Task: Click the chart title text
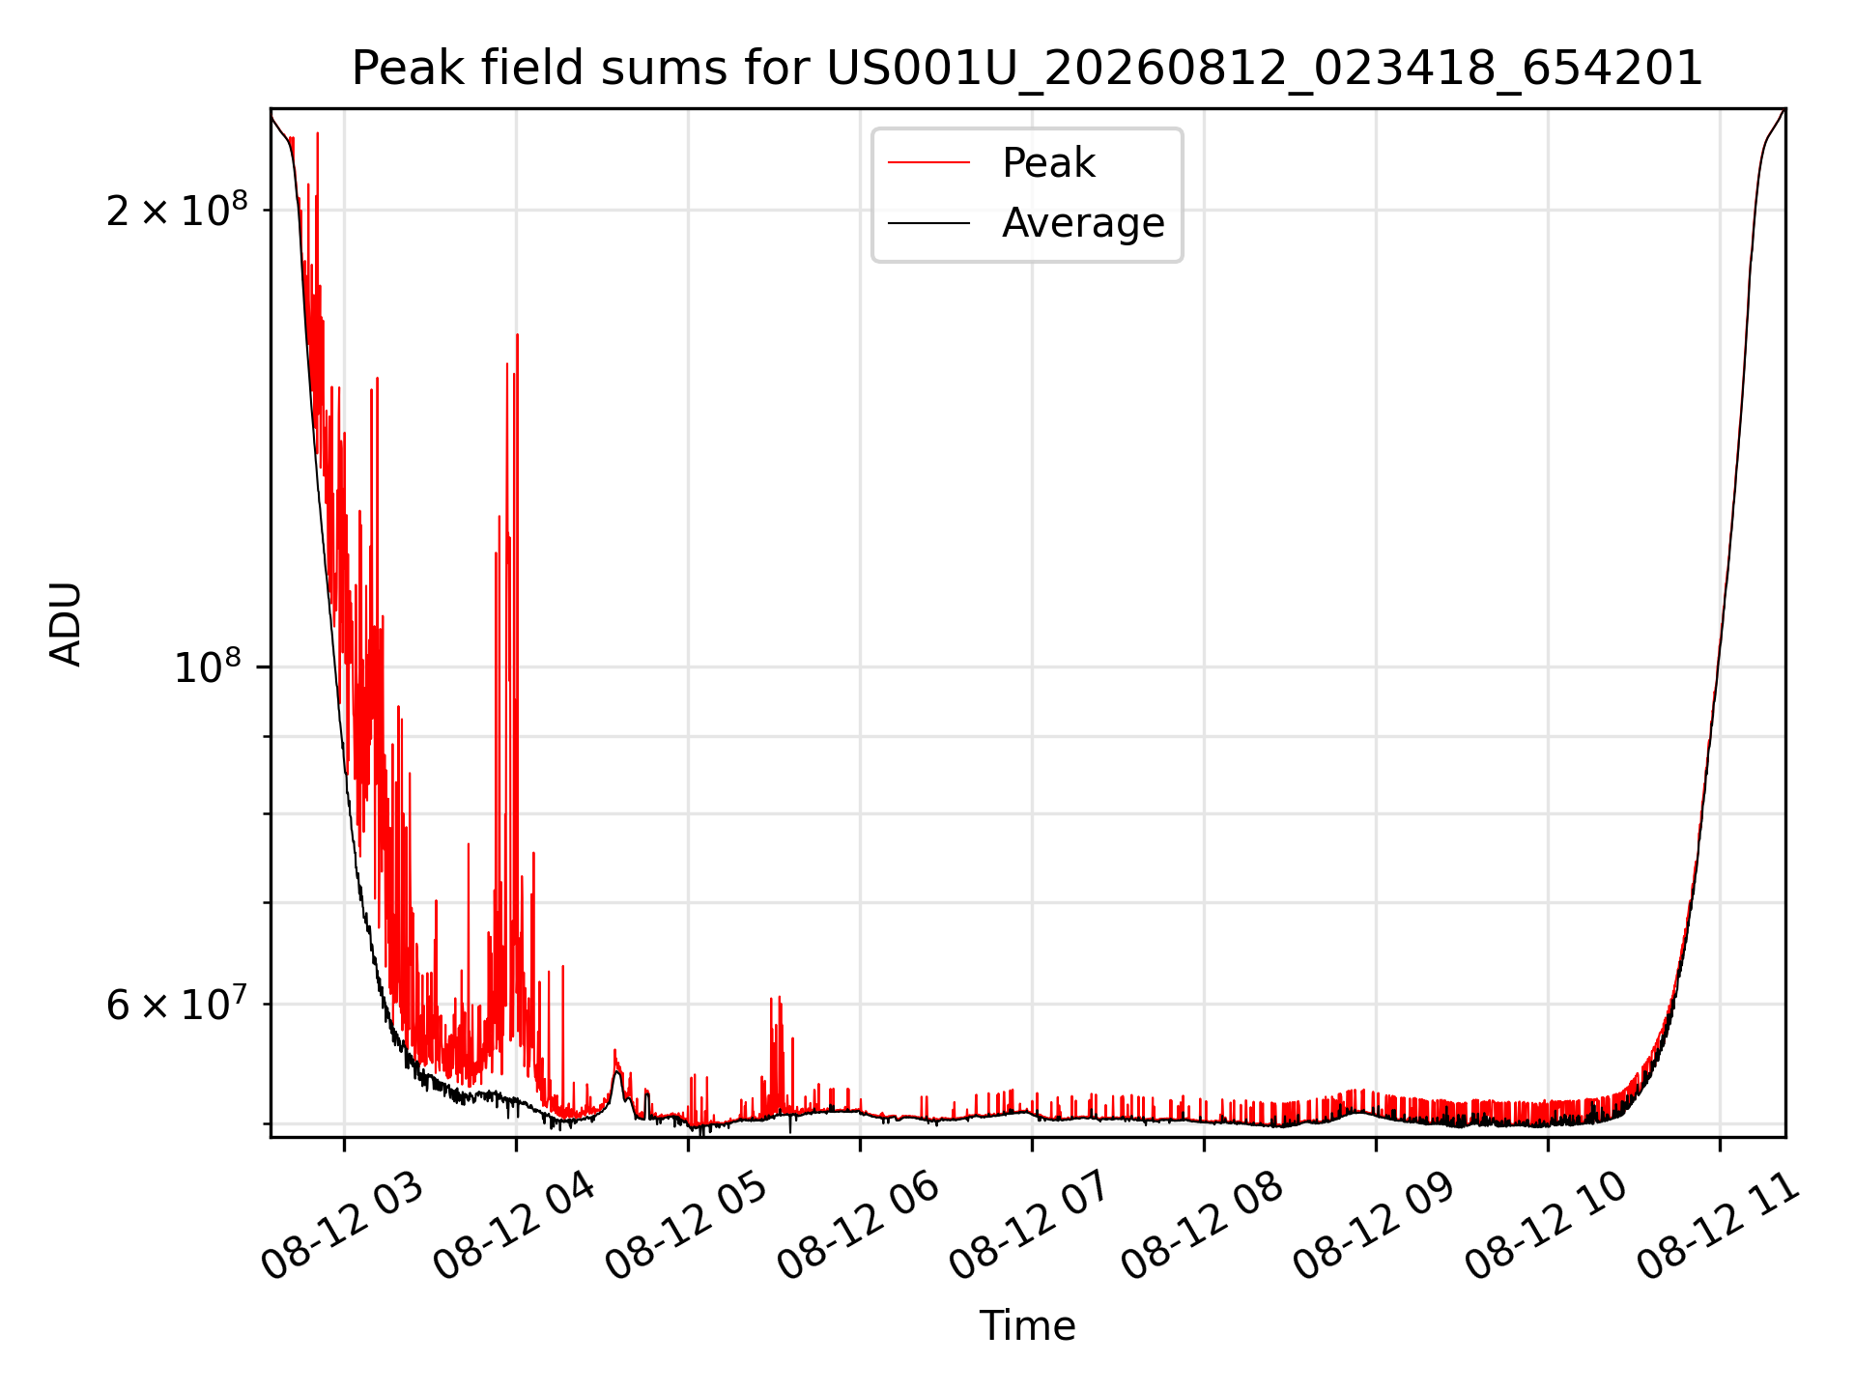[x=1027, y=69]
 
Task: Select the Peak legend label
[x=1049, y=162]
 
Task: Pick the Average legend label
[x=1083, y=223]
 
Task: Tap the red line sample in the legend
[x=928, y=163]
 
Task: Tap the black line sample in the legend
[x=928, y=224]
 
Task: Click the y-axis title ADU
[x=66, y=623]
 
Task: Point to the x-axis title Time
[x=1027, y=1326]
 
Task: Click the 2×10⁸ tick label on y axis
[x=177, y=210]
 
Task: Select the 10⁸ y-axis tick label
[x=211, y=666]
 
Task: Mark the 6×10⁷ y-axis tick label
[x=177, y=1005]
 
